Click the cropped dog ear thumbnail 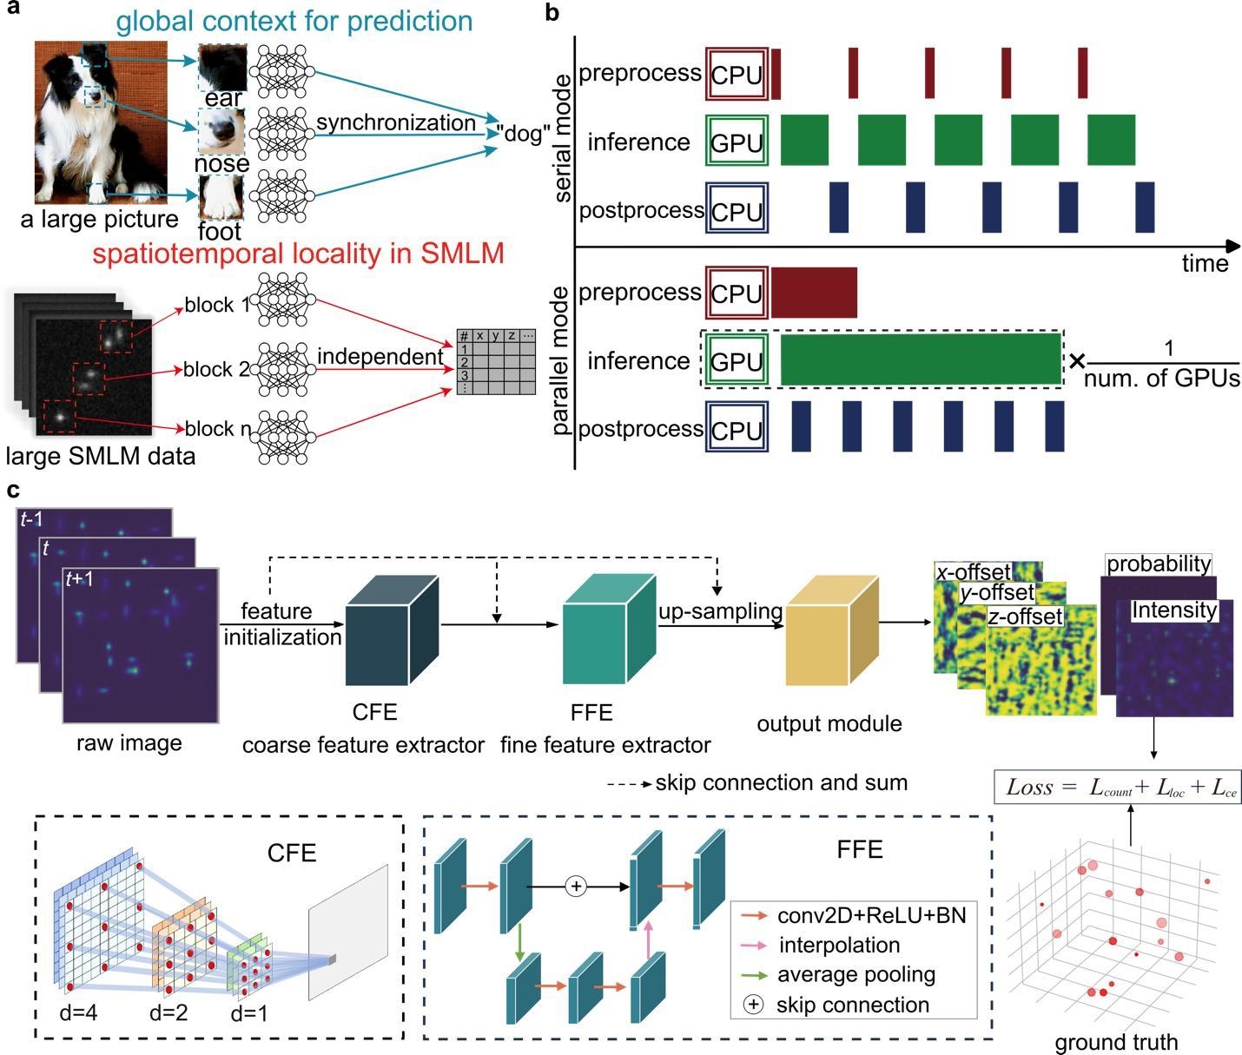[222, 67]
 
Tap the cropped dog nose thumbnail [221, 131]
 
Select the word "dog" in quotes [523, 133]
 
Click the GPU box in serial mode [737, 141]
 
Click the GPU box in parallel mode [737, 359]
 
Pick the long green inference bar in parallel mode [921, 359]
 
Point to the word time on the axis [1205, 264]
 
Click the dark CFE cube [393, 630]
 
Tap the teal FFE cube [609, 629]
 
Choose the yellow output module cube [832, 630]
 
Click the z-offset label [1025, 617]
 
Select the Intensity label [1174, 610]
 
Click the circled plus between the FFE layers [576, 886]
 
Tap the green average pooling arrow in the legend [754, 974]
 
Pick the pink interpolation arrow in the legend [754, 945]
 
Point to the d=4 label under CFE [78, 1013]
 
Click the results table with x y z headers [496, 361]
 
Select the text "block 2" [216, 369]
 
